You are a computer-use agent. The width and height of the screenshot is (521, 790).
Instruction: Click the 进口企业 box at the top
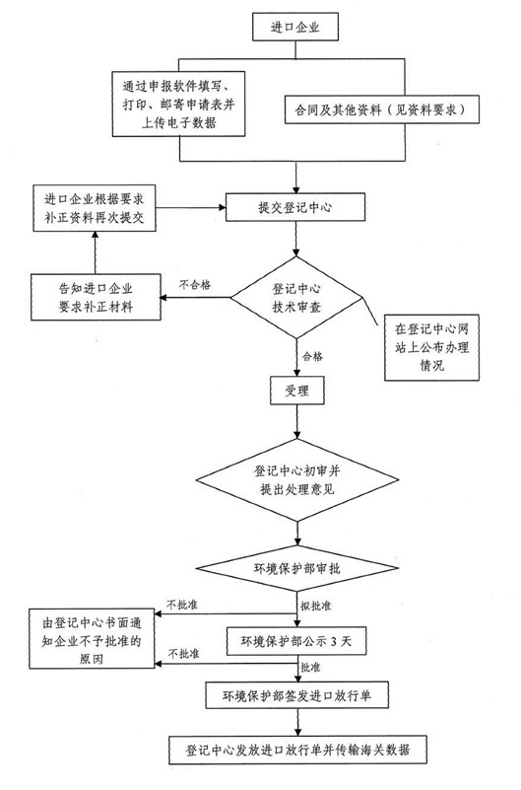tap(295, 27)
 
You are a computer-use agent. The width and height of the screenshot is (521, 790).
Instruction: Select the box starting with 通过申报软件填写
tap(178, 105)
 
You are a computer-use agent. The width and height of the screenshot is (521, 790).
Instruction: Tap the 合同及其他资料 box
tap(382, 109)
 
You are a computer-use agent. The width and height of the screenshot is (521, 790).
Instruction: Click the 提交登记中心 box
tap(295, 207)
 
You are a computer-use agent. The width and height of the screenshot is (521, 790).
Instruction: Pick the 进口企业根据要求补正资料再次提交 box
tap(95, 208)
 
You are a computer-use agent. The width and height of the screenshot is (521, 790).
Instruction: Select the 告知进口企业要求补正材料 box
tap(97, 297)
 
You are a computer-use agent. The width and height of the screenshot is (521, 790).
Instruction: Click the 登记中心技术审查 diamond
tap(296, 298)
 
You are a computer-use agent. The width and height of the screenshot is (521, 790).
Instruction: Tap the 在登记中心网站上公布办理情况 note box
tap(431, 347)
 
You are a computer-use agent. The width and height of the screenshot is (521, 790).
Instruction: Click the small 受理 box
tap(296, 390)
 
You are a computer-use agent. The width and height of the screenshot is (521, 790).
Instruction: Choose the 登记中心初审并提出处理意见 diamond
tap(297, 479)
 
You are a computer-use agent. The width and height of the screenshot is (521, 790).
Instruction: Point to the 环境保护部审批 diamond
tap(297, 568)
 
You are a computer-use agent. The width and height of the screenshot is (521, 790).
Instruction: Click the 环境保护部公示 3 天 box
tap(296, 641)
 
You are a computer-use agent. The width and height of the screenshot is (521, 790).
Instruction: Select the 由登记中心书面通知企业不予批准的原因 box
tap(92, 639)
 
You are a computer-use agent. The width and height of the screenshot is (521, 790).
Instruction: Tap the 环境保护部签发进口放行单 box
tap(296, 695)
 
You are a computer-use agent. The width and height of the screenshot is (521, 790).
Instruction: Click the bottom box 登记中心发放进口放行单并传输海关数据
tap(297, 751)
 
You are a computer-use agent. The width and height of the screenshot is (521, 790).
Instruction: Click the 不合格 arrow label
tap(195, 285)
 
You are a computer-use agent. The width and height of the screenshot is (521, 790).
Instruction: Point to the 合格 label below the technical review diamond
tap(312, 357)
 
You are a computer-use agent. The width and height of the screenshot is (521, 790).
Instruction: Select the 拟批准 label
tap(316, 606)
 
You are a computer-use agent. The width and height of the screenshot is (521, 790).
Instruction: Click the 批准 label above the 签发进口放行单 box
tap(310, 668)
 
